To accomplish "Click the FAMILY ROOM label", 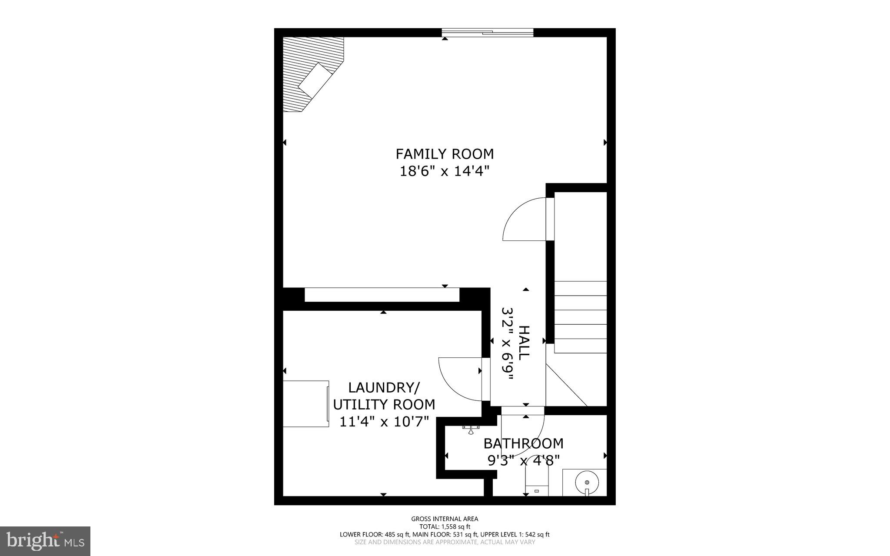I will [x=444, y=154].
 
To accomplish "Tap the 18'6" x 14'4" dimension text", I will [x=444, y=171].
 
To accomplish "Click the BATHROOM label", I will [x=523, y=443].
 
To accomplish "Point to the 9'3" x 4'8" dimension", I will [x=523, y=460].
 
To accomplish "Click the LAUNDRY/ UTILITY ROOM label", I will [x=384, y=396].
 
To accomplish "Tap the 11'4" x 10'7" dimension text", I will [x=384, y=422].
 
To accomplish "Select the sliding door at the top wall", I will [x=487, y=33].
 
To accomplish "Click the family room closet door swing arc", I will [x=521, y=220].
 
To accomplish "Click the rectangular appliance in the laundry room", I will [x=306, y=404].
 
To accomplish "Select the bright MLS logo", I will [x=45, y=541].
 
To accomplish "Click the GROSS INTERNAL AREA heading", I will [x=445, y=519].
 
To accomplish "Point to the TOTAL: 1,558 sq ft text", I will [x=445, y=526].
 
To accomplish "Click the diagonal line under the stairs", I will [x=566, y=385].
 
